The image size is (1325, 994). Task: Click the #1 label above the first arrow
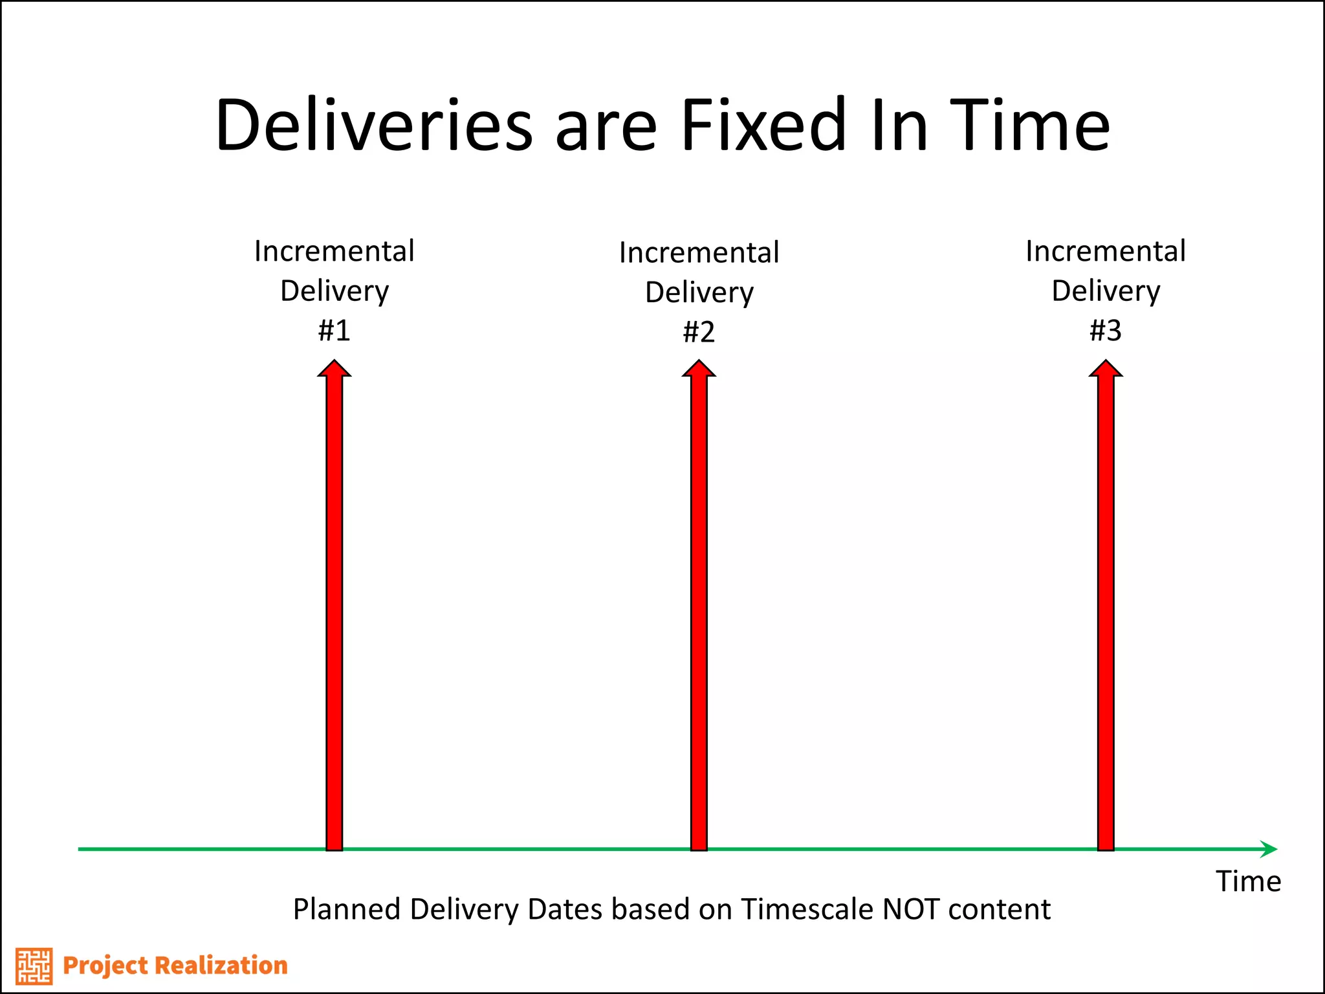[334, 331]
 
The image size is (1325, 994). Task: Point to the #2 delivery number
[699, 332]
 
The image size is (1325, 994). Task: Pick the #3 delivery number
[1105, 331]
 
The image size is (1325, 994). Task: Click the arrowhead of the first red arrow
[334, 369]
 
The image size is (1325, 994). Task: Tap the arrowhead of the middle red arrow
[699, 369]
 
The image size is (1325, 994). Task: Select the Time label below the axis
[1248, 881]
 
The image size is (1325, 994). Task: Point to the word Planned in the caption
[346, 909]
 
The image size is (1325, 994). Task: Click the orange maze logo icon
[34, 966]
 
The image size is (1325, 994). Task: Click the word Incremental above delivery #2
[699, 252]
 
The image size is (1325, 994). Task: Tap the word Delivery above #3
[1105, 291]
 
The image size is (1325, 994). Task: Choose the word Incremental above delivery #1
[334, 251]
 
